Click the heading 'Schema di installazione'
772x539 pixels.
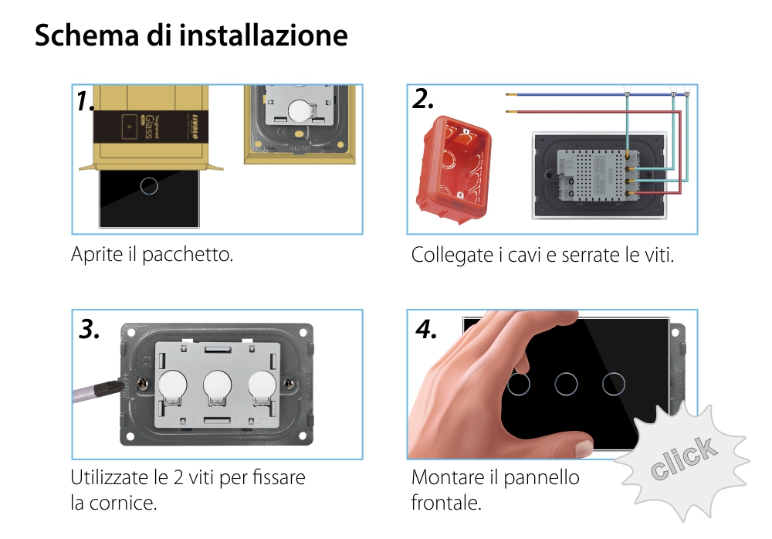tap(191, 36)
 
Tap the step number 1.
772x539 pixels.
tap(86, 101)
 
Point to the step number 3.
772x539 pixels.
tap(90, 330)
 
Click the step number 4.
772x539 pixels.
tap(426, 330)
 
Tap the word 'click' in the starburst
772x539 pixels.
tap(682, 458)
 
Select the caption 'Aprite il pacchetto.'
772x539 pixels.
tap(152, 254)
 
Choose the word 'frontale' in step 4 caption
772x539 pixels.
tap(445, 503)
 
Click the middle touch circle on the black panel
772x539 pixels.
tap(567, 384)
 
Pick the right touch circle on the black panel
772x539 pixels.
tap(615, 384)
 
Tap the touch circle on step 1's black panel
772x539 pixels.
tap(150, 185)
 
